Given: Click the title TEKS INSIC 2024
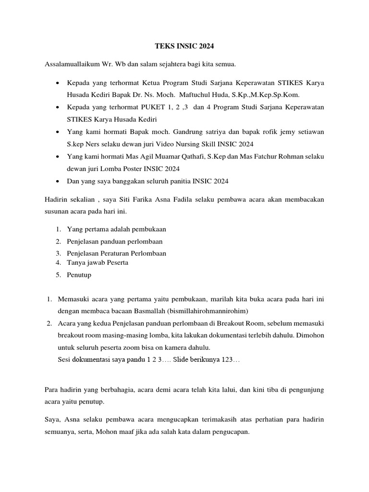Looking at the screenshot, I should tap(184, 47).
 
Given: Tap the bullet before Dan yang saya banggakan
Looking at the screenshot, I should tap(58, 181).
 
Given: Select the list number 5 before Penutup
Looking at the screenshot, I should tap(58, 275).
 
